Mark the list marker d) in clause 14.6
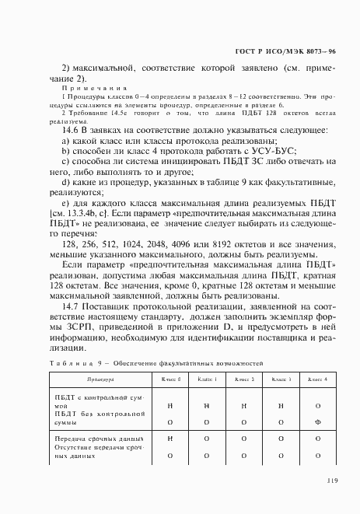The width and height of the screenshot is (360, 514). (x=67, y=182)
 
